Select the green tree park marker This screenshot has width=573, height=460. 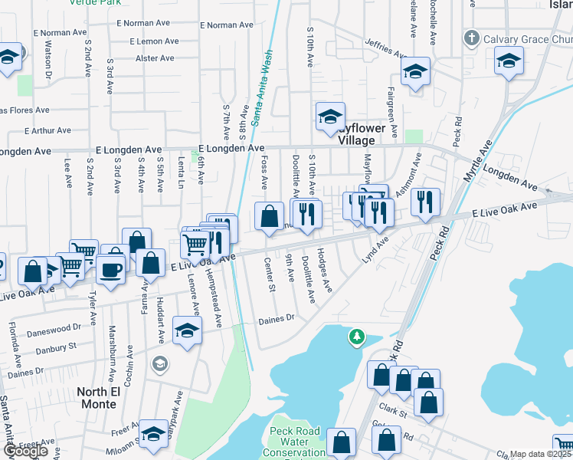[x=356, y=337]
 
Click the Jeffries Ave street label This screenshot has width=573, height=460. [x=385, y=49]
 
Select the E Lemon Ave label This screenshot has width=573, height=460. [x=159, y=41]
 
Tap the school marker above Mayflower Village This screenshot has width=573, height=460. [x=331, y=117]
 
